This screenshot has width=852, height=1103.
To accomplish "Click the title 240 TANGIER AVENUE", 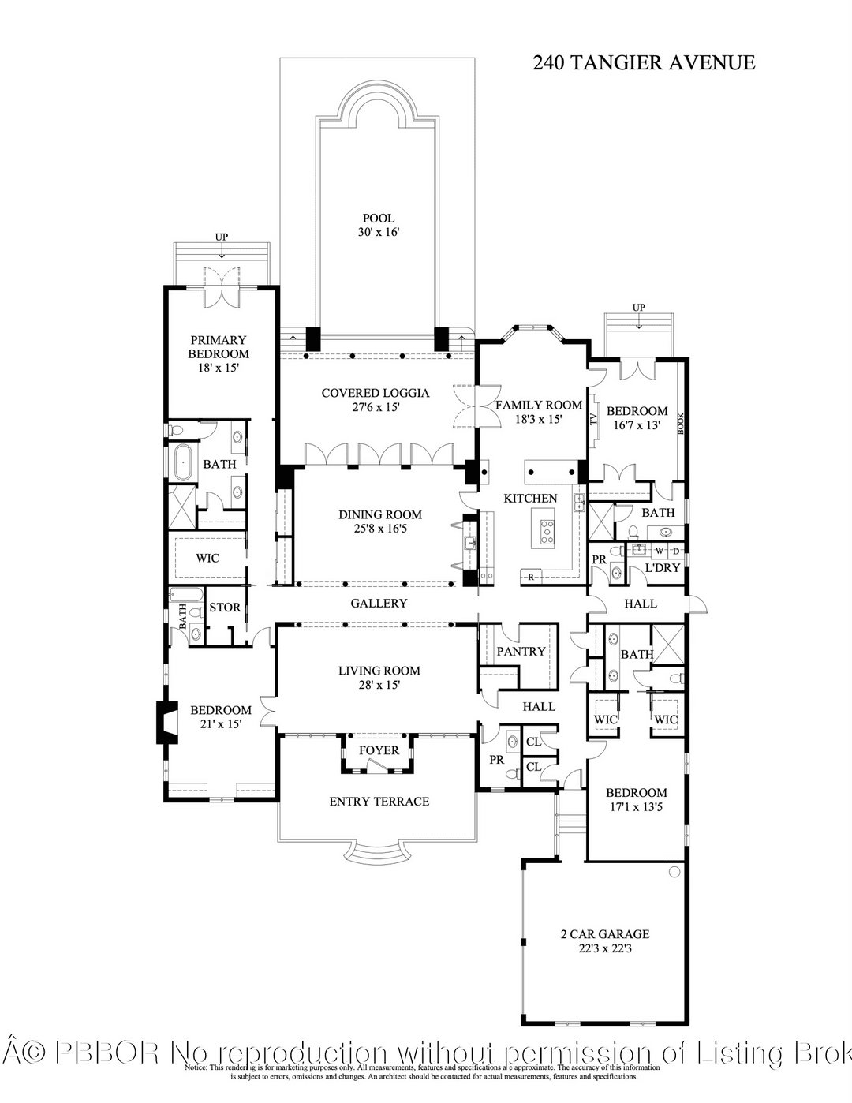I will pos(644,63).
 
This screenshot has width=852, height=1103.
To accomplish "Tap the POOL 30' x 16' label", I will pos(379,225).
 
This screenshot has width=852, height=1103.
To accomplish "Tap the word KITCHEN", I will pos(531,498).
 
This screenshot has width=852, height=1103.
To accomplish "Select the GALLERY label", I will pos(379,603).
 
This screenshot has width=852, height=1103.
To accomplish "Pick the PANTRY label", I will pos(521,651).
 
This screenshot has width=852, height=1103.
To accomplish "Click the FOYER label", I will pos(379,750).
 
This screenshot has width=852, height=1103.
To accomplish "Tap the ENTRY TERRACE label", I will pos(379,802).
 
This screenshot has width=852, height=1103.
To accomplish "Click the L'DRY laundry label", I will pos(662,568).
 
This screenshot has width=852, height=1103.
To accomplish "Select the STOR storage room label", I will pos(225,608).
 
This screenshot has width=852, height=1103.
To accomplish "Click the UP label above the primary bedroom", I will pos(222,237).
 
